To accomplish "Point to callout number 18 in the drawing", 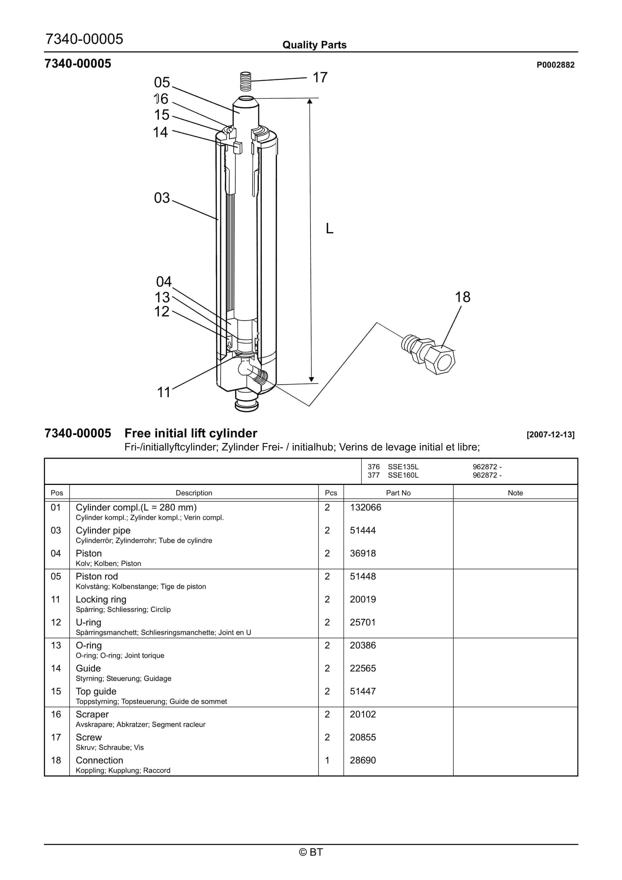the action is click(463, 297).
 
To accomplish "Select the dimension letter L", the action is click(329, 229).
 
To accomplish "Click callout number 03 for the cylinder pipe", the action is click(162, 198).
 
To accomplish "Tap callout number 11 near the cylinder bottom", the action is click(164, 392).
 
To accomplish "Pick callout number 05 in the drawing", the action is click(162, 82).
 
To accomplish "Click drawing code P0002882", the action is click(555, 65).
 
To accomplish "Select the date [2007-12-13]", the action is click(551, 434).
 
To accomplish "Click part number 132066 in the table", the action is click(365, 507).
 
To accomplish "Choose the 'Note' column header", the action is click(515, 493).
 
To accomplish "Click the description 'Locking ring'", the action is click(101, 599).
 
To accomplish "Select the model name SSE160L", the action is click(403, 475).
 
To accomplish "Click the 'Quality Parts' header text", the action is click(314, 45).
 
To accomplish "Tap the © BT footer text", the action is click(311, 852).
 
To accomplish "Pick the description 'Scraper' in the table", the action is click(92, 714).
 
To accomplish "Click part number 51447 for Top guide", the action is click(363, 691).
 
